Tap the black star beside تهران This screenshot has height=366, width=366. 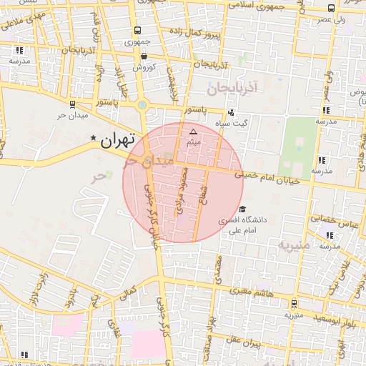click(92, 138)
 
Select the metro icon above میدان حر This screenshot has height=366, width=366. click(72, 104)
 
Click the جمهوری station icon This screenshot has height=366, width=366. click(137, 31)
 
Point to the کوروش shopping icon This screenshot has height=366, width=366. click(144, 56)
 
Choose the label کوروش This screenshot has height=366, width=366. click(144, 67)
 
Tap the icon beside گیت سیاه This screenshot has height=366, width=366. click(230, 112)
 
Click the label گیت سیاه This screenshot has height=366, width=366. click(254, 123)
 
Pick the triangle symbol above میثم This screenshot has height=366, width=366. click(193, 132)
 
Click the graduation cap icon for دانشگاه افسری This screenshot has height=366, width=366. click(242, 210)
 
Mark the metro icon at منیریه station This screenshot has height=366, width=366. click(294, 303)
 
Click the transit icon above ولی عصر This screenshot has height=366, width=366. click(331, 9)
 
